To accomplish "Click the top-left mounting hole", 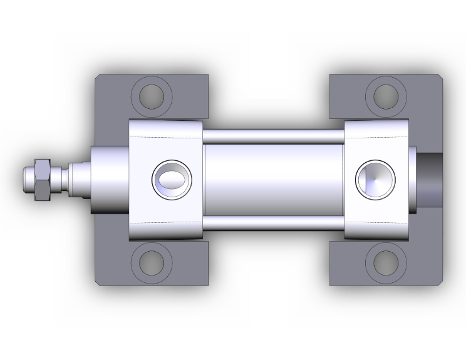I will pyautogui.click(x=151, y=96).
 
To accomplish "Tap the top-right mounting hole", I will pyautogui.click(x=386, y=95).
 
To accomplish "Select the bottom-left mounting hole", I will pyautogui.click(x=151, y=263).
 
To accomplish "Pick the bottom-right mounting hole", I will pyautogui.click(x=386, y=263).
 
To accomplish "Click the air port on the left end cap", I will pyautogui.click(x=171, y=179).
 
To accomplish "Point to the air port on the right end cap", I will pyautogui.click(x=375, y=179).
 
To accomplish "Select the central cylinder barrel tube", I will pyautogui.click(x=274, y=179).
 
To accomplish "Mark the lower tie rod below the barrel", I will pyautogui.click(x=274, y=223).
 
